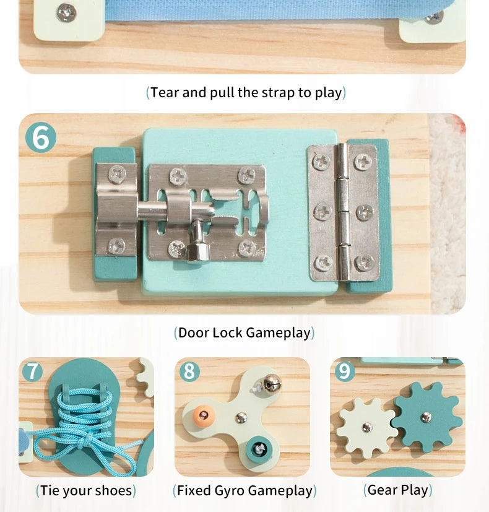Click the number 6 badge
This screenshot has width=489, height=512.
pyautogui.click(x=41, y=137)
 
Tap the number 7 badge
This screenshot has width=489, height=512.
pyautogui.click(x=32, y=371)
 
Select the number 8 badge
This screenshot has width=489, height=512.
pyautogui.click(x=189, y=371)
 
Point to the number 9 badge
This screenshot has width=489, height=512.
pyautogui.click(x=345, y=371)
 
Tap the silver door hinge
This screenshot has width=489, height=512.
pyautogui.click(x=342, y=212)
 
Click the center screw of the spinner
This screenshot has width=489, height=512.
pyautogui.click(x=241, y=417)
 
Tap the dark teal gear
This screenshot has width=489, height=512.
pyautogui.click(x=426, y=417)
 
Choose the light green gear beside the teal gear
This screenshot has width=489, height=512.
pyautogui.click(x=366, y=427)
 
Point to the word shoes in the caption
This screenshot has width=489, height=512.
pyautogui.click(x=114, y=491)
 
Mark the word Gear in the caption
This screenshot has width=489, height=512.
pyautogui.click(x=382, y=490)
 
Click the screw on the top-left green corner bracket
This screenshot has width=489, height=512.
pyautogui.click(x=66, y=12)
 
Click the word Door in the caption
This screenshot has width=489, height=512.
pyautogui.click(x=194, y=332)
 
